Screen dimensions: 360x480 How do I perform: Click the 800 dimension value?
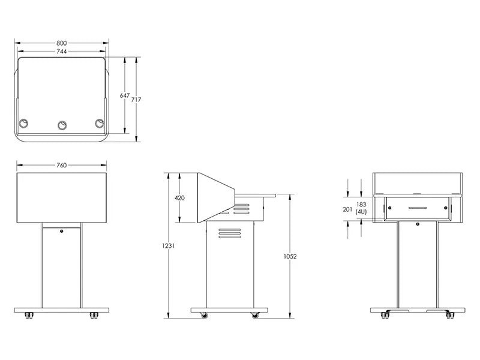tap(62, 43)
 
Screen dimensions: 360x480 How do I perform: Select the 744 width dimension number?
tap(62, 52)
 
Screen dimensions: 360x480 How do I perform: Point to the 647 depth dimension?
tap(124, 95)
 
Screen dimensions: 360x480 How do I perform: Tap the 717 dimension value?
tap(136, 100)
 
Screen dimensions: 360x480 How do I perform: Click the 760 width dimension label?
tap(61, 165)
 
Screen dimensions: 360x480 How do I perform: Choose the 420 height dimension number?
tap(179, 198)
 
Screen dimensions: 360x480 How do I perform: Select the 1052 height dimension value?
tap(290, 256)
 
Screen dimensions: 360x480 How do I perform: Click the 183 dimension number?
tap(361, 204)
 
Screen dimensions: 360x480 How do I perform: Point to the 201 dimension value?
tap(347, 209)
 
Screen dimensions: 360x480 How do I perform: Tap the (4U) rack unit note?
tap(361, 212)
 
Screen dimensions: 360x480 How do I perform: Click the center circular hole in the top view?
tap(62, 125)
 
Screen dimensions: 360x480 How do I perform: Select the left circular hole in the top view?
tap(24, 124)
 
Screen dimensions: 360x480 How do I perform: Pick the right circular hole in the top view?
tap(100, 124)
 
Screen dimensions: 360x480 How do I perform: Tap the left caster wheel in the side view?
tap(204, 316)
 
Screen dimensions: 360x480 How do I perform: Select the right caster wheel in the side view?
tap(256, 316)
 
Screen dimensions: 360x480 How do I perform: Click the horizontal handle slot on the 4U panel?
tap(418, 208)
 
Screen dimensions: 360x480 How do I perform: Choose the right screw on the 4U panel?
tap(446, 208)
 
